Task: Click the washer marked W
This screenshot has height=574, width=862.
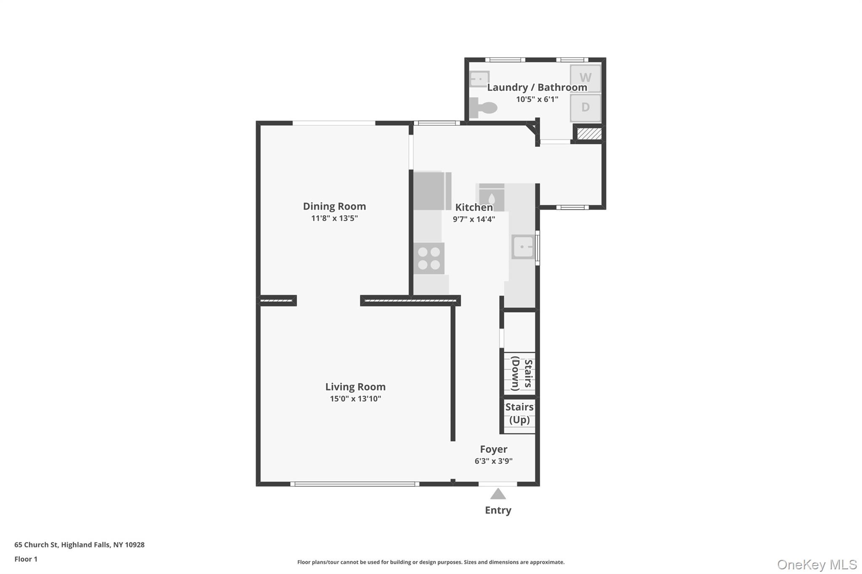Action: [585, 78]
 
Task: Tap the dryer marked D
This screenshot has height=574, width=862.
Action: [585, 108]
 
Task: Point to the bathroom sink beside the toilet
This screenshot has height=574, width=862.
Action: [479, 79]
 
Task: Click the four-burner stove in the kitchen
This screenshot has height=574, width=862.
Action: [429, 258]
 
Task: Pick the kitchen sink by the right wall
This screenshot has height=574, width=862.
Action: [523, 247]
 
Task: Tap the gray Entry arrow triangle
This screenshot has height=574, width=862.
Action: [498, 494]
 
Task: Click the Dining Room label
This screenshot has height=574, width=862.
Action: [335, 206]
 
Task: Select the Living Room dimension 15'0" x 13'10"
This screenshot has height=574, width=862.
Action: [355, 399]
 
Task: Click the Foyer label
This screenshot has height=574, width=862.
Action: [494, 449]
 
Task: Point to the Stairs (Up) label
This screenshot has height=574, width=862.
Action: [519, 413]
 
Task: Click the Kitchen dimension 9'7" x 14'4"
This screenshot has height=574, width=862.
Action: [474, 219]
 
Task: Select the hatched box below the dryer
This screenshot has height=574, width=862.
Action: [589, 134]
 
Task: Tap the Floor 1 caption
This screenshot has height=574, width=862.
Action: [26, 559]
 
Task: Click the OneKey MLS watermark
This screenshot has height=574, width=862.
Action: [817, 564]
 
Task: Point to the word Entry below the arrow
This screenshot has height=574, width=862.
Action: [498, 510]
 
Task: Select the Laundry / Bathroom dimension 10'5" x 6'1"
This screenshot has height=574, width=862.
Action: [537, 99]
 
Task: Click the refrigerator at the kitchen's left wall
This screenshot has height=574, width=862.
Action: [429, 191]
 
